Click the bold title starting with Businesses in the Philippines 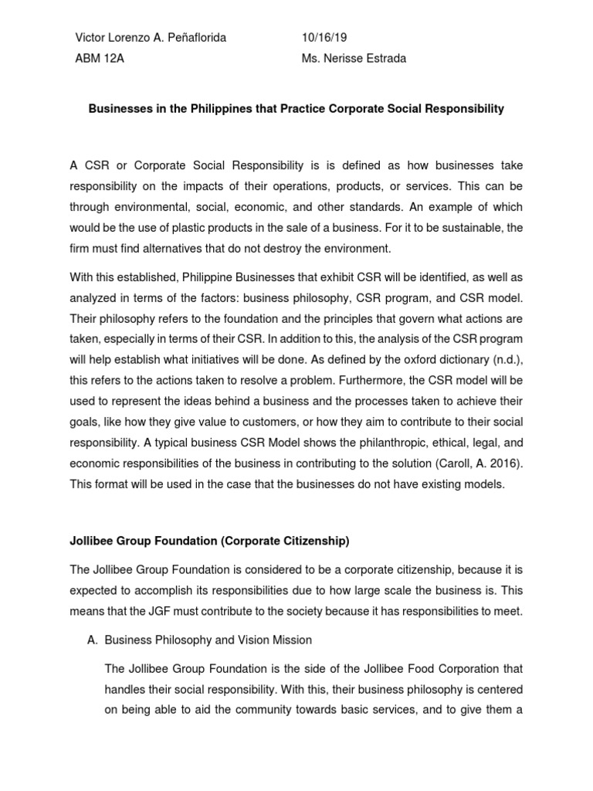(296, 109)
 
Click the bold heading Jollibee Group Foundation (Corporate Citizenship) (209, 541)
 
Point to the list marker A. (90, 640)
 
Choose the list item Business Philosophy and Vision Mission (208, 640)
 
